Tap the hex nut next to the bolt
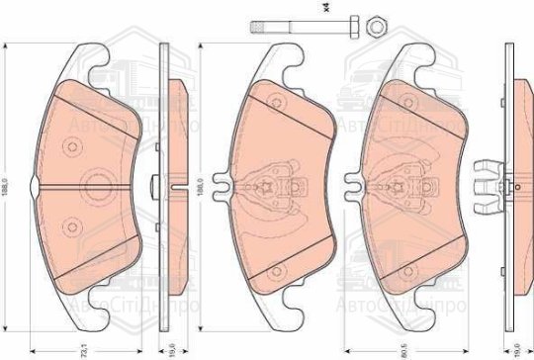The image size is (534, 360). (x=377, y=24)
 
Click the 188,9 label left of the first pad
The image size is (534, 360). (x=7, y=184)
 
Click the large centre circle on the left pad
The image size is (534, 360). (x=98, y=183)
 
